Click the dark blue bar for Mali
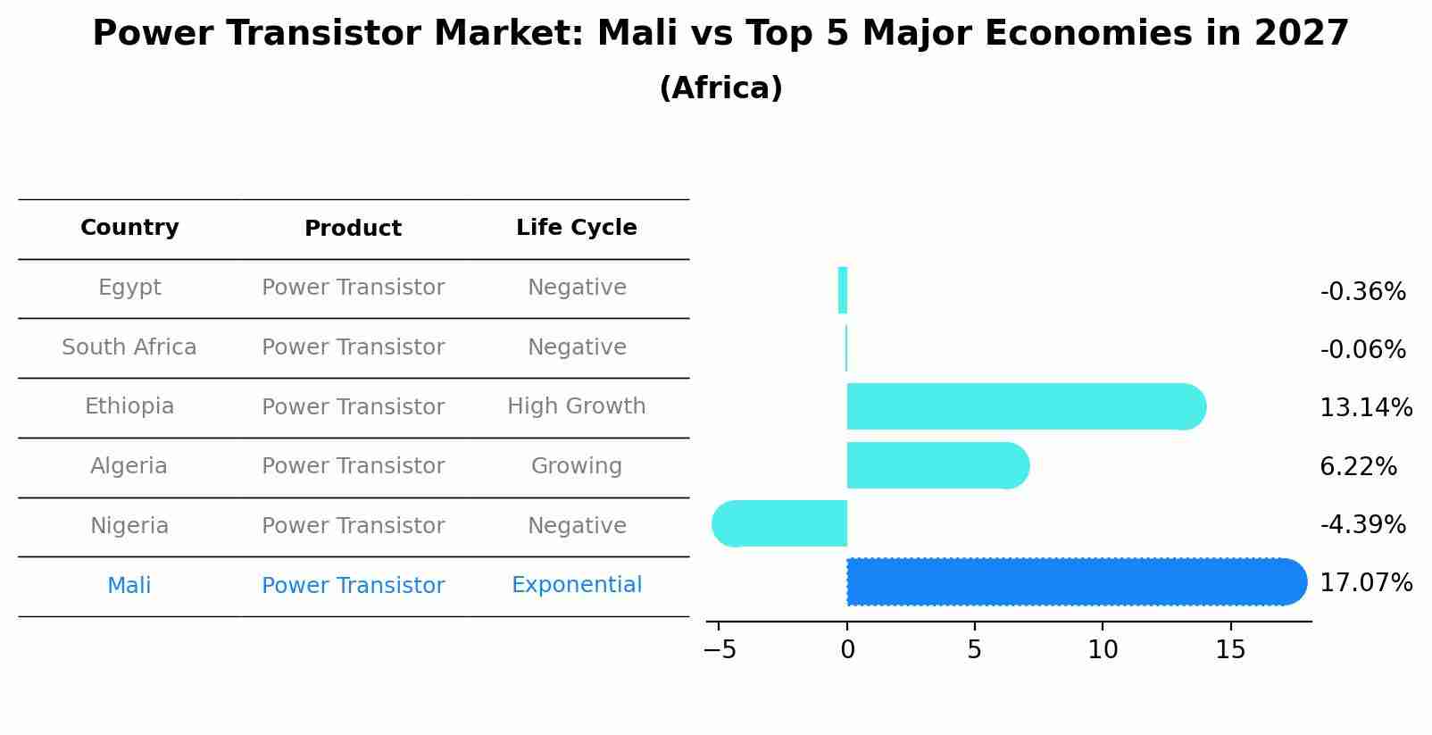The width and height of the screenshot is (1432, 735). tap(1071, 581)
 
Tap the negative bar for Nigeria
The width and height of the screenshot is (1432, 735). tap(781, 523)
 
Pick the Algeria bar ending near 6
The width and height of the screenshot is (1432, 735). tap(933, 465)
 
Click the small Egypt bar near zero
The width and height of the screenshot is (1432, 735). tap(843, 290)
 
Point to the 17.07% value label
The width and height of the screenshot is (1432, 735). tap(1365, 583)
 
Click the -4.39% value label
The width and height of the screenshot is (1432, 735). tap(1362, 524)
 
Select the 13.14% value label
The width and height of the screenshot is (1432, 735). tap(1365, 408)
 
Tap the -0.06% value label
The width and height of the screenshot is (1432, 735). tap(1362, 350)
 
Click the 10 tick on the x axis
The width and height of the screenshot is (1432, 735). tap(1103, 650)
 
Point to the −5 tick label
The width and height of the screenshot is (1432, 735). tap(720, 650)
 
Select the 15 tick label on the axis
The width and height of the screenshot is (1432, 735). tap(1230, 650)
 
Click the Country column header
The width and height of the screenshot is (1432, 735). tap(129, 228)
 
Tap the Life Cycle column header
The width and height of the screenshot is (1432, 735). tap(576, 228)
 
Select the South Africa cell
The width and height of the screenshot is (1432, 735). tap(129, 347)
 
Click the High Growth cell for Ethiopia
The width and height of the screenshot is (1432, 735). tap(576, 406)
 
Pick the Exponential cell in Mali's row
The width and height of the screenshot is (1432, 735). tap(576, 585)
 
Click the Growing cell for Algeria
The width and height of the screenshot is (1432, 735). tap(576, 466)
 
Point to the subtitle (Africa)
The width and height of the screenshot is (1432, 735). tap(720, 88)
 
